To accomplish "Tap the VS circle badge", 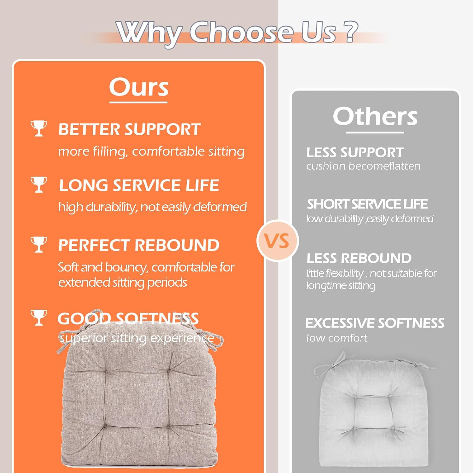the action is point(277,241).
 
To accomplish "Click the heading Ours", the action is point(139,87).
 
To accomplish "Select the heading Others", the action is point(375,116).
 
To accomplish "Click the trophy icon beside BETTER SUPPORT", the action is point(39,128).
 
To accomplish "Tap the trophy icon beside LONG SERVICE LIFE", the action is point(39,184).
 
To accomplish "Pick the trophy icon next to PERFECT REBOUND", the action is point(39,244).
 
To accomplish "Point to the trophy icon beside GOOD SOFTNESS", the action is point(39,318).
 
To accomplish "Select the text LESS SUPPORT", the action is point(355,153).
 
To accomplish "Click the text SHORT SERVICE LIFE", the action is point(367,204).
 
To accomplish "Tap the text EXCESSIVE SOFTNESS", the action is point(375,323).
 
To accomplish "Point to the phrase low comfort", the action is point(337,338).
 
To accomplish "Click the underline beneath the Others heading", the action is point(375,132).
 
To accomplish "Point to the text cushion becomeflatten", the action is point(363,166).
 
